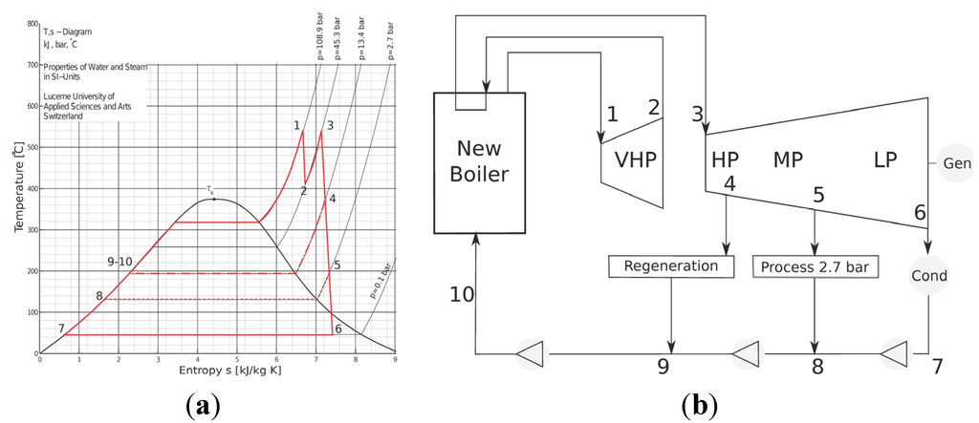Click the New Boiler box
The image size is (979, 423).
tap(481, 162)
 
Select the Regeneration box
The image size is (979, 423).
tap(670, 265)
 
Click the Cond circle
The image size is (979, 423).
tap(927, 276)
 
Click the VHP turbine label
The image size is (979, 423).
tap(637, 159)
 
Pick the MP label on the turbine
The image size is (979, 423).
tap(789, 159)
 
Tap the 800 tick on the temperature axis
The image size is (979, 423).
tap(33, 24)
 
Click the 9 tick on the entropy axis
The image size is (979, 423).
tap(395, 361)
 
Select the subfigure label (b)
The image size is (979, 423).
tap(695, 407)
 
